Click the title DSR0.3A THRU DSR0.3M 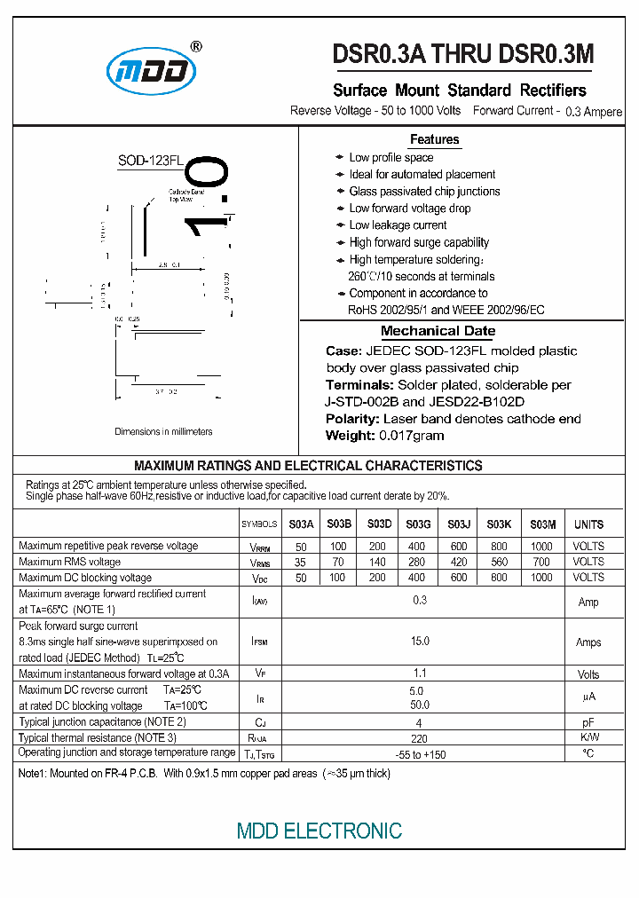point(462,55)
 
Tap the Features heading point(434,139)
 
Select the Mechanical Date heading point(438,331)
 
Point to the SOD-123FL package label point(150,161)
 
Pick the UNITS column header point(588,524)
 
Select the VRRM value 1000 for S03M point(540,547)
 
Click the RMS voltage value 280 point(416,562)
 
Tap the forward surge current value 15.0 point(420,641)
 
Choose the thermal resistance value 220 point(420,737)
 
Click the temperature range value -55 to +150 point(420,753)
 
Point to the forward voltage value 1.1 point(420,674)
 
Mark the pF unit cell point(588,722)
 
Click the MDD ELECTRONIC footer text point(319,831)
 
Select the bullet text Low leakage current point(398,225)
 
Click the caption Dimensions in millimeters point(163,432)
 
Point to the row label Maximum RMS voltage point(69,562)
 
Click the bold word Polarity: point(352,419)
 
